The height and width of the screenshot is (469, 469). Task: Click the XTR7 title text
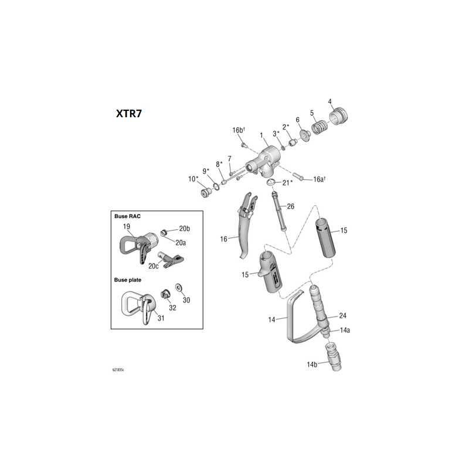(x=128, y=114)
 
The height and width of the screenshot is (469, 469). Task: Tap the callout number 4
(x=330, y=101)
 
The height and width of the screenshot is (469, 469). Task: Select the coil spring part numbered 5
(x=320, y=126)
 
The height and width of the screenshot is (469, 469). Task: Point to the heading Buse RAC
(x=127, y=216)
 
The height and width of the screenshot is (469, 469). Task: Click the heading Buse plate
(x=128, y=280)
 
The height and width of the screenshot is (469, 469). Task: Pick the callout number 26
(x=290, y=206)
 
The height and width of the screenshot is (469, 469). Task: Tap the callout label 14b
(x=311, y=364)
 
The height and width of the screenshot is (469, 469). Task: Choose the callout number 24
(x=343, y=315)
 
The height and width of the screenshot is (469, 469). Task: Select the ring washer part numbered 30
(x=179, y=288)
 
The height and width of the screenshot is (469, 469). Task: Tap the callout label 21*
(x=287, y=182)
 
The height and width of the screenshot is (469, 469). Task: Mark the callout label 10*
(x=193, y=179)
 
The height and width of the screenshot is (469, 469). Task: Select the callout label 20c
(x=154, y=266)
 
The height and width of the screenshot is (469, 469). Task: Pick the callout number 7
(x=230, y=159)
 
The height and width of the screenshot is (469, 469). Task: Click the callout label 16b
(x=238, y=130)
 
